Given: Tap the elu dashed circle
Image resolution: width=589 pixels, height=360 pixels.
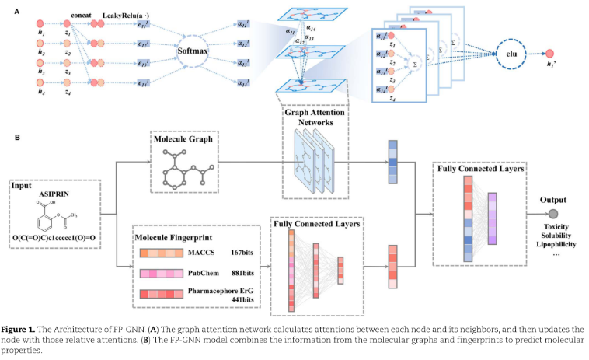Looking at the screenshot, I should (512, 54).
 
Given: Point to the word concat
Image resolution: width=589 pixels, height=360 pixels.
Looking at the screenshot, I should (82, 16).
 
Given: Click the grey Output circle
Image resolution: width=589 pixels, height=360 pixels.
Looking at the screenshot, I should (552, 213).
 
